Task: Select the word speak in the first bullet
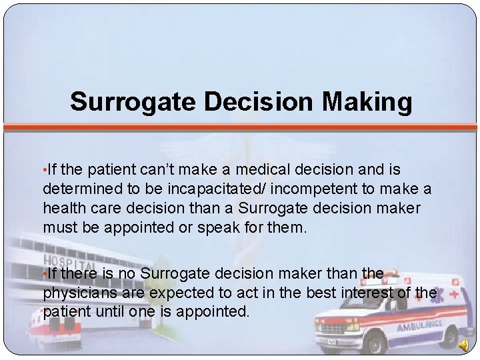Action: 217,227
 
